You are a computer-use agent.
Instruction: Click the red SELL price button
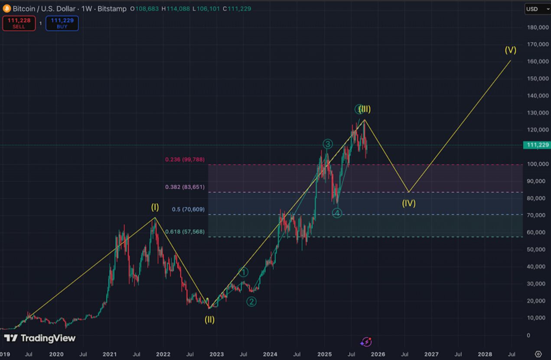tap(19, 23)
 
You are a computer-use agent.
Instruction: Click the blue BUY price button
tap(62, 23)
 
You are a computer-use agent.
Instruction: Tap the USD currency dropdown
tap(537, 9)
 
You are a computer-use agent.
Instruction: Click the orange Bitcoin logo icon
tap(7, 9)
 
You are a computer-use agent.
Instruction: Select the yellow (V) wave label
tap(510, 50)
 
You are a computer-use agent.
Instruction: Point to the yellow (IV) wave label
tap(408, 203)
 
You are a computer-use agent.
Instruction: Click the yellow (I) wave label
tap(155, 207)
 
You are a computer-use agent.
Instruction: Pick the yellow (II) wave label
tap(210, 320)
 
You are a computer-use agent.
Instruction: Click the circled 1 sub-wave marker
tap(244, 272)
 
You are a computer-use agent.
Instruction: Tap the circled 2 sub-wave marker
tap(251, 301)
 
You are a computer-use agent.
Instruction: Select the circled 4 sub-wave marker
tap(337, 213)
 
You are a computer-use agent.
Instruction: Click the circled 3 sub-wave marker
tap(328, 144)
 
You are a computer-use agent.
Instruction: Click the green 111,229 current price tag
tap(537, 145)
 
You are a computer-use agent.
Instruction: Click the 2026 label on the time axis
tap(378, 354)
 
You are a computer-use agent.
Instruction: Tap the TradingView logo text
tap(40, 338)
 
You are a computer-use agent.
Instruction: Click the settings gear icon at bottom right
tap(538, 354)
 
